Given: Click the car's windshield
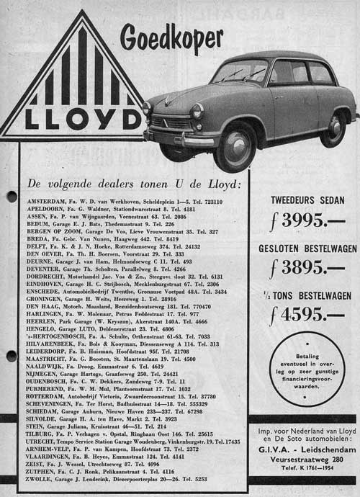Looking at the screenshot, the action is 240,71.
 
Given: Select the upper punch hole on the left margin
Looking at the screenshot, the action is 11,197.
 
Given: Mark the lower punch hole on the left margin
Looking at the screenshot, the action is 11,356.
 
